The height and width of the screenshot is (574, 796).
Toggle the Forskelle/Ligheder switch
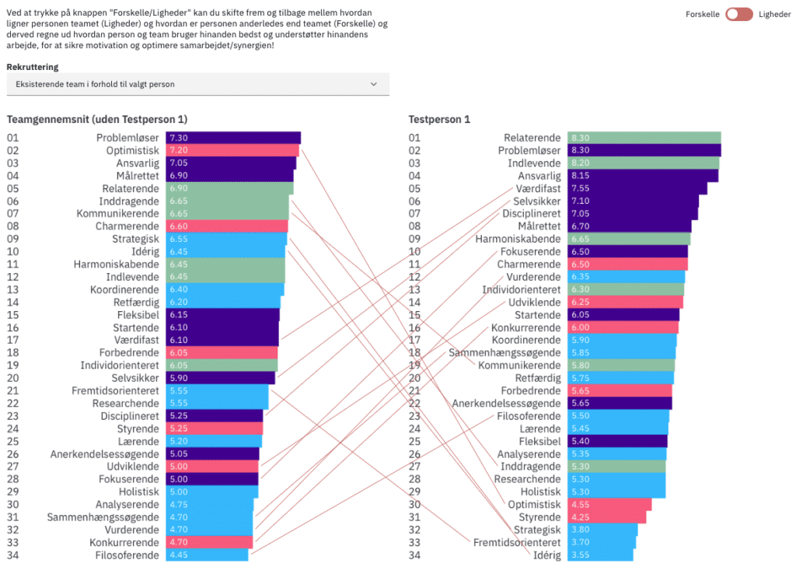tap(738, 14)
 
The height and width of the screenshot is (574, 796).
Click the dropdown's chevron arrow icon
tap(373, 84)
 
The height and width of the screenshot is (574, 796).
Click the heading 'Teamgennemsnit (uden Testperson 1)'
tap(97, 119)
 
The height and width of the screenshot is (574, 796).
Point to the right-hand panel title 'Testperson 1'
tap(439, 119)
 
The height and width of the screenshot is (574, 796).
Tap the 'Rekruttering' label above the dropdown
tap(33, 67)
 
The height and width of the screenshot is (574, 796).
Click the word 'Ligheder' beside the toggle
tap(774, 14)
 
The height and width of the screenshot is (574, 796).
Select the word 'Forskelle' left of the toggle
tap(703, 14)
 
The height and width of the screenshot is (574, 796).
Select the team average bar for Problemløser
tap(233, 138)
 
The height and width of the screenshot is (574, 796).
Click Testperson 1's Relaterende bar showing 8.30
tap(644, 138)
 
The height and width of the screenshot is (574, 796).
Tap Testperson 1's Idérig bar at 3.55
tap(600, 555)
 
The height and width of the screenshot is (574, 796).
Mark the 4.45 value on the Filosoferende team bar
tap(178, 555)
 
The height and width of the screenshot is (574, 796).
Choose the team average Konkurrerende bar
tap(210, 542)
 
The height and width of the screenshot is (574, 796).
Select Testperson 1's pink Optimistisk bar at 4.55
tap(609, 504)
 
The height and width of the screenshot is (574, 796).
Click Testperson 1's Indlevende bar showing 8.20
tap(643, 163)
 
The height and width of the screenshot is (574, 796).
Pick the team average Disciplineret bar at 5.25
tap(215, 415)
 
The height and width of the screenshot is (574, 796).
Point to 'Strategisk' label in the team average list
tap(135, 239)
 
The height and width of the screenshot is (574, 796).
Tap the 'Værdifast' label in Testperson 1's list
tap(538, 188)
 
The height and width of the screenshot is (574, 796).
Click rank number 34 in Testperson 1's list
tap(415, 555)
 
